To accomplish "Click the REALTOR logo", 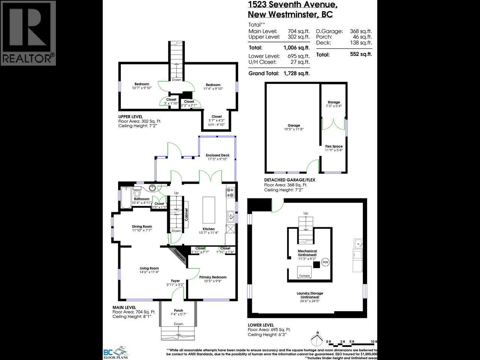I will coord(28,33).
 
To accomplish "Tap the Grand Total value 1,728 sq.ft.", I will coord(296,73).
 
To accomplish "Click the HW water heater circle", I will coord(325,262).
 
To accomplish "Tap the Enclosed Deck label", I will coord(217,155).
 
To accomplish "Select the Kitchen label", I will coord(208,229).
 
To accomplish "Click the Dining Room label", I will coord(142,226).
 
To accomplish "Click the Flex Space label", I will coord(333,147).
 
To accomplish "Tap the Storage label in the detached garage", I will coord(333,102).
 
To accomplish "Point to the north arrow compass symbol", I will coord(317,340).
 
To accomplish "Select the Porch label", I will coord(178,310).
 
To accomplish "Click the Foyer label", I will coord(175,281).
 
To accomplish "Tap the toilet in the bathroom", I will coord(137,193).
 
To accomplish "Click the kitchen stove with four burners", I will coord(230,192).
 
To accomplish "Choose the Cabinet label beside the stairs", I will coord(186,214).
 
